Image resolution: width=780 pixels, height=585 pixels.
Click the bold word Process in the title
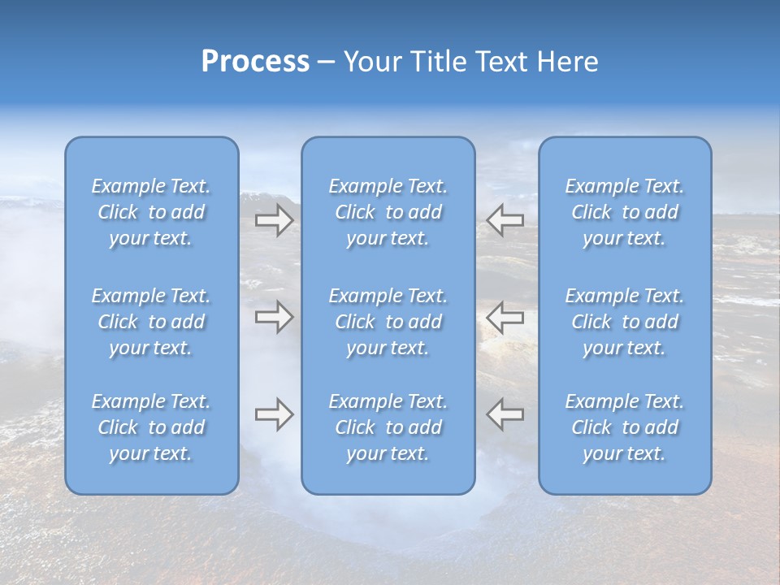pyautogui.click(x=255, y=62)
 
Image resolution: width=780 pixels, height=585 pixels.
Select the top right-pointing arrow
pyautogui.click(x=275, y=220)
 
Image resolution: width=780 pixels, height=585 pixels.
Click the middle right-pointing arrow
pyautogui.click(x=275, y=317)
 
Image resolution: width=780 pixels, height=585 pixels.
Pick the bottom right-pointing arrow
pyautogui.click(x=275, y=414)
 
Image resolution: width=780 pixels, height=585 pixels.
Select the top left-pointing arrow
pyautogui.click(x=505, y=220)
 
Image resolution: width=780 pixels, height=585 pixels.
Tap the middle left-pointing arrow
pyautogui.click(x=505, y=317)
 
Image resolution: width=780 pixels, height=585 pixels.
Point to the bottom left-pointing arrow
pyautogui.click(x=505, y=414)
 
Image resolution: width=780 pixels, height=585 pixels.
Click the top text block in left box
pyautogui.click(x=151, y=212)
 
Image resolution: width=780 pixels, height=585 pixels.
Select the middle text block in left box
pyautogui.click(x=151, y=322)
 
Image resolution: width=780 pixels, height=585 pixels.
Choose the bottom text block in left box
pyautogui.click(x=151, y=427)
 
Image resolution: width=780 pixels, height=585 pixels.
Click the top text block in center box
pyautogui.click(x=388, y=212)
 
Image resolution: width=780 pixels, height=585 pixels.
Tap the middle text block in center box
pyautogui.click(x=388, y=322)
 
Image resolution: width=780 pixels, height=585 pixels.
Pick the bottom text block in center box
pyautogui.click(x=388, y=427)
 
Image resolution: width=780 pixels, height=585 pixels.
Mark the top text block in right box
pyautogui.click(x=625, y=212)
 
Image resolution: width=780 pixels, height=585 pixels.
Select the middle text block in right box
pyautogui.click(x=625, y=322)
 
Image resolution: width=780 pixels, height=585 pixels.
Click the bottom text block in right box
pyautogui.click(x=625, y=427)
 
